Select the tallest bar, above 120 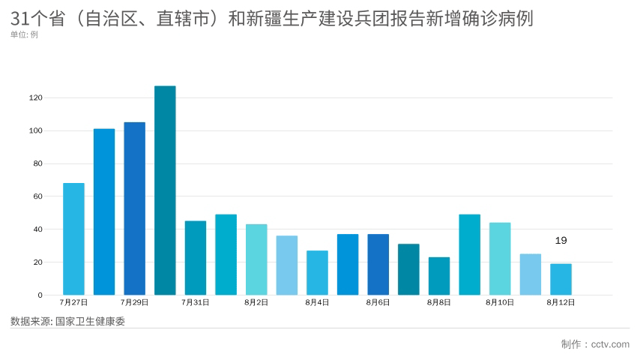165,190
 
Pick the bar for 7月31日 196,258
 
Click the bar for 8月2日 256,259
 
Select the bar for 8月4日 317,272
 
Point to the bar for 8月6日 378,264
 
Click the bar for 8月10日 500,259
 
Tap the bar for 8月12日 561,279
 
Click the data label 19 561,241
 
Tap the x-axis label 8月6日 378,303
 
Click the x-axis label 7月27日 73,303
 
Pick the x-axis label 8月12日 561,303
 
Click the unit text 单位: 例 24,34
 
